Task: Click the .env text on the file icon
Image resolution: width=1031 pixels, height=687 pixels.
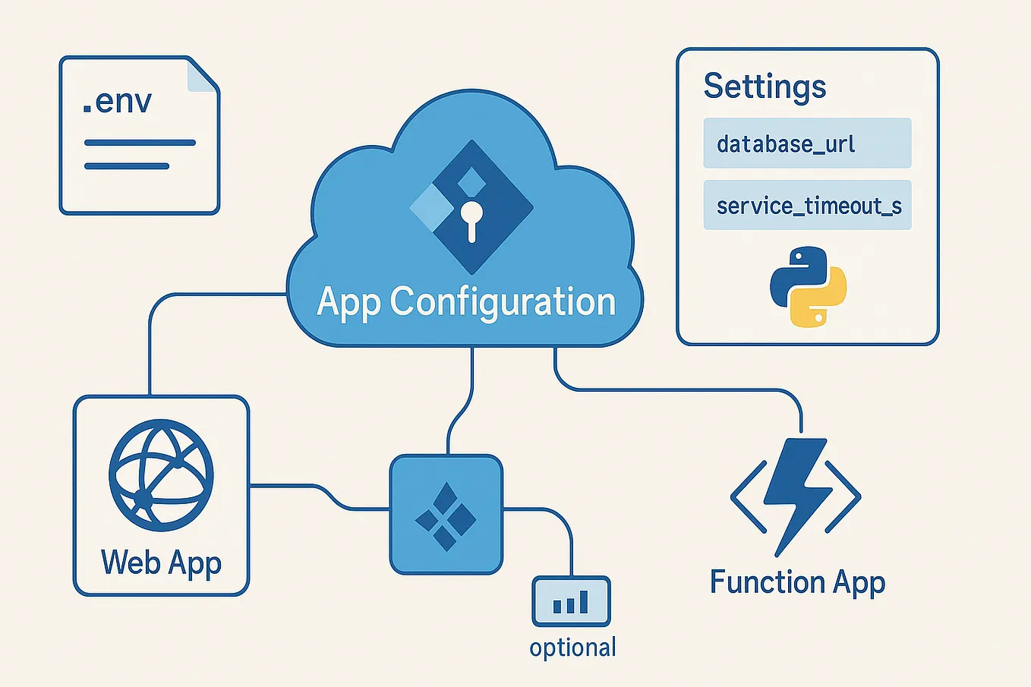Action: pos(118,102)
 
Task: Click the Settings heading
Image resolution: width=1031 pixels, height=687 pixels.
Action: pos(765,87)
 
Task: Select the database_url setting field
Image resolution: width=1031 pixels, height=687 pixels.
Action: pos(807,143)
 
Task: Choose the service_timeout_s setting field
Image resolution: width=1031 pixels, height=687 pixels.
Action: pos(807,206)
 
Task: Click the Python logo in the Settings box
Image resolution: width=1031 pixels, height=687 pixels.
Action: pos(808,286)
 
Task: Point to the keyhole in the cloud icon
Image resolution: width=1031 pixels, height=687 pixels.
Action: pos(471,217)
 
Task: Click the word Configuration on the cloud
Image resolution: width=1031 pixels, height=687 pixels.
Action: pos(503,302)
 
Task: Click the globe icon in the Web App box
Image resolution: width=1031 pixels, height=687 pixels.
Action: pos(161,475)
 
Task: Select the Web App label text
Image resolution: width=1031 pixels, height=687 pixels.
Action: pos(161,563)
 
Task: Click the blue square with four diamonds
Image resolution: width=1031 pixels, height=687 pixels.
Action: pos(446,515)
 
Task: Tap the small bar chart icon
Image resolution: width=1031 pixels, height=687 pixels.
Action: pos(571,602)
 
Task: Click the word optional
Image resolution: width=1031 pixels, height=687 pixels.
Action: pos(572,648)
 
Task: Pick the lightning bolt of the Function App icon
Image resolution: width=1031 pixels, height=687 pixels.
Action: pos(794,493)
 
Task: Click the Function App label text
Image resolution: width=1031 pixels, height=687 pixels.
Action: pos(797,583)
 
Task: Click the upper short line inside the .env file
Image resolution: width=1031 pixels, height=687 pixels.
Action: pos(140,143)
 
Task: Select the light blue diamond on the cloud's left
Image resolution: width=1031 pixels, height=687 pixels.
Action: pos(433,207)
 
